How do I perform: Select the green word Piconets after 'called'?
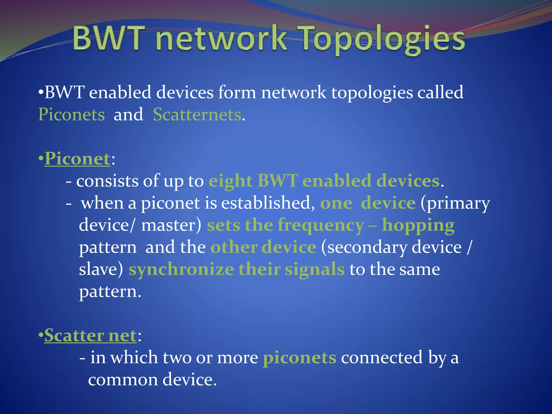[x=71, y=115]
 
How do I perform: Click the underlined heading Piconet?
[x=77, y=159]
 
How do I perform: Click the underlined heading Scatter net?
[x=91, y=336]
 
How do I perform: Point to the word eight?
[x=230, y=181]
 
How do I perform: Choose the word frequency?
[x=321, y=225]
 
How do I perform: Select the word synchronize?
[x=181, y=270]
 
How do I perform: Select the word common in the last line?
[x=123, y=380]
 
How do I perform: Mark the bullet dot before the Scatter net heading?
[x=41, y=336]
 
